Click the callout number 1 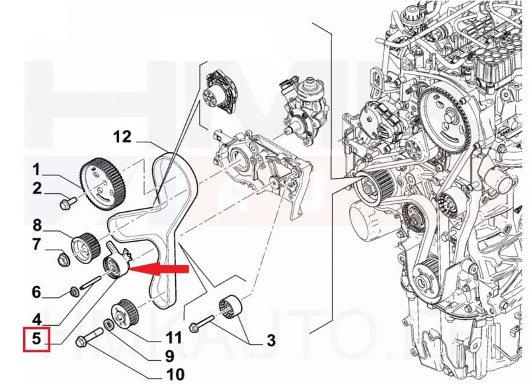[37, 168]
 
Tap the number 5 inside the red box [37, 340]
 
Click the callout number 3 [270, 341]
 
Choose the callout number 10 [175, 375]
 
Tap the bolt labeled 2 [65, 203]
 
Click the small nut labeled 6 [73, 291]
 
